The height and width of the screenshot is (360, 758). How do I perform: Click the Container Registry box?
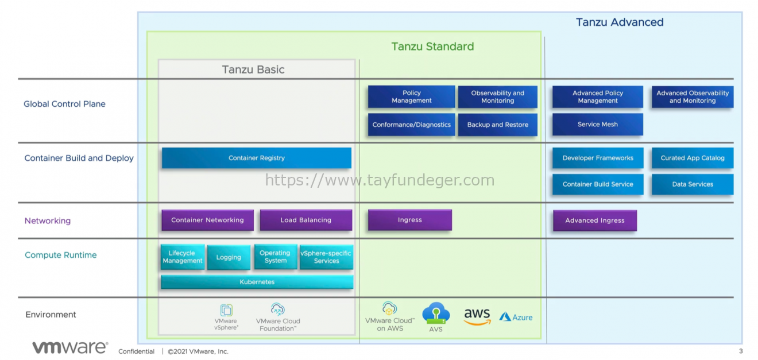point(256,158)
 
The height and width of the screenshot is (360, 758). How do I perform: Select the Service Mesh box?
point(597,125)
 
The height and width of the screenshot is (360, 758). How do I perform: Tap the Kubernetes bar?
point(257,282)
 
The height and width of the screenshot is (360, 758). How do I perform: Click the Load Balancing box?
point(305,220)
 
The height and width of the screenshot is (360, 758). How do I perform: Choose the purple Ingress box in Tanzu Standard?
point(409,220)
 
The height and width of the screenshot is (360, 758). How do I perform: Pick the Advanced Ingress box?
point(594,220)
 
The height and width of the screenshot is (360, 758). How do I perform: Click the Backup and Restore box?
point(497,125)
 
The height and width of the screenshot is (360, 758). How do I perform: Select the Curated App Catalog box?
point(692,158)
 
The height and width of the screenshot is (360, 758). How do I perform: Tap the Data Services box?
point(692,184)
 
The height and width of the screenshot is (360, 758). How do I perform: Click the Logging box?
point(229,257)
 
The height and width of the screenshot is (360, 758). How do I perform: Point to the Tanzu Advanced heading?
point(620,22)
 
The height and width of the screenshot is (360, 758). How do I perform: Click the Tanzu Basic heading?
point(253,69)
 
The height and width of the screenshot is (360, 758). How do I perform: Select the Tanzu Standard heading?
point(432,47)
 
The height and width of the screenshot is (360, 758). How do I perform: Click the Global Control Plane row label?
point(64,104)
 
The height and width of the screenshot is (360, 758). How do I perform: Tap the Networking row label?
point(48,220)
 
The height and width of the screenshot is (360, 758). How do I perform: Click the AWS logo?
point(477,316)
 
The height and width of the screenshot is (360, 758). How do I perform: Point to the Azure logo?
point(516,317)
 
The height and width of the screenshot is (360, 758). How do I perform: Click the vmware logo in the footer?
point(70,347)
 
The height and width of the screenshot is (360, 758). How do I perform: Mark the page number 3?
point(741,351)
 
